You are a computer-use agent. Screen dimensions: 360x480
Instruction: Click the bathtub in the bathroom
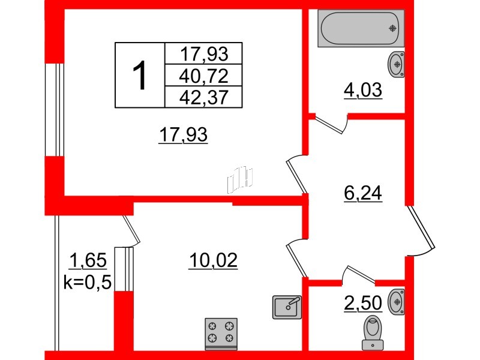(x=360, y=29)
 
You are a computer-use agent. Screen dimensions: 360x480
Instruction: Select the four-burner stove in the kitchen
(x=221, y=334)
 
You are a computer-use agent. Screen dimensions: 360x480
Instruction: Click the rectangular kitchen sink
(x=287, y=307)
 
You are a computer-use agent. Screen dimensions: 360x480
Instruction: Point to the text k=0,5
(x=88, y=282)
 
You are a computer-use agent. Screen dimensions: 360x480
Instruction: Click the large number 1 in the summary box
(x=139, y=75)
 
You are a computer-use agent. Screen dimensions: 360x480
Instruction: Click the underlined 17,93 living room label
(x=183, y=136)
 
